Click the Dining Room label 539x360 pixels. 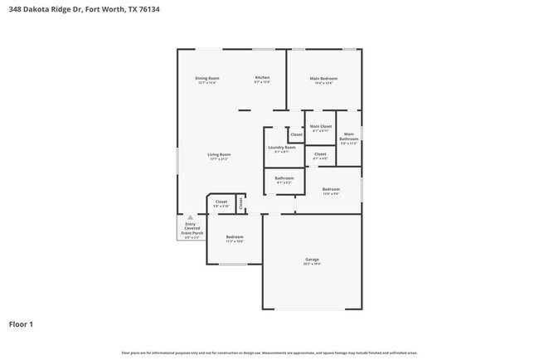click(x=207, y=78)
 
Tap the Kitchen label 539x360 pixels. click(x=262, y=78)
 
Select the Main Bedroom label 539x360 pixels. click(x=323, y=79)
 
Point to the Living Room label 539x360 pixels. click(x=219, y=154)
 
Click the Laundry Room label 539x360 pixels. click(x=281, y=147)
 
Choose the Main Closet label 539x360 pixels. click(x=321, y=126)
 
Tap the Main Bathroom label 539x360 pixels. click(x=349, y=137)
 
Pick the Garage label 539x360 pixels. click(x=312, y=260)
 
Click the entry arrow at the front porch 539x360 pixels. click(x=190, y=216)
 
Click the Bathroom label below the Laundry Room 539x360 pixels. click(x=284, y=178)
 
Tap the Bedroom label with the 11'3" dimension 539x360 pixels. click(x=235, y=237)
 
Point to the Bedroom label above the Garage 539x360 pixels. click(x=331, y=189)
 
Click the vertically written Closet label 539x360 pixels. click(x=240, y=202)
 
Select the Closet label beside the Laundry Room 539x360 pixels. click(x=296, y=134)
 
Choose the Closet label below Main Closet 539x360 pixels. click(x=320, y=154)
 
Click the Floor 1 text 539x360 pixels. click(x=22, y=324)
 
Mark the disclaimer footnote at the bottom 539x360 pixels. click(x=269, y=353)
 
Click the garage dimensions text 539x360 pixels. click(x=312, y=264)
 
